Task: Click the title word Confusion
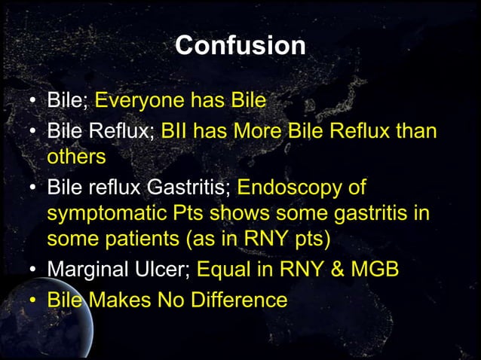240,45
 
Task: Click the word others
76,158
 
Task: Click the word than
417,132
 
